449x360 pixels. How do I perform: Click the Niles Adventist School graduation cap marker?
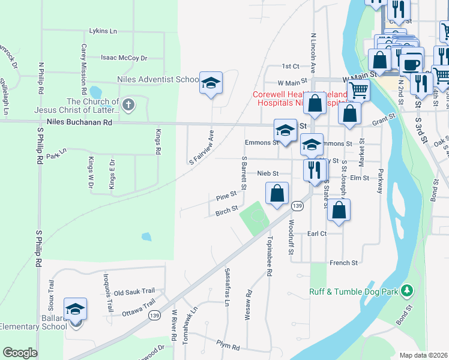pos(211,83)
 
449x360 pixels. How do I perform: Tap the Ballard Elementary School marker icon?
pos(76,310)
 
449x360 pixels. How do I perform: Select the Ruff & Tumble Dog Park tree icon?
pos(407,291)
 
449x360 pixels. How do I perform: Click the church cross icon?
pos(128,106)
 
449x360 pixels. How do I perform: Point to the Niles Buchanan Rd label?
pos(79,122)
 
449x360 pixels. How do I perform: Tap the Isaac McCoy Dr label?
pos(124,58)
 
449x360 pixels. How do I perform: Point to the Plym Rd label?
pos(229,347)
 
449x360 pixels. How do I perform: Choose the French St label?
pos(344,263)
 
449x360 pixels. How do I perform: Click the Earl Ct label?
pos(316,233)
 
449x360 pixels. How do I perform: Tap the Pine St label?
pos(226,197)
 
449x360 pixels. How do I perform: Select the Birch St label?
pos(226,213)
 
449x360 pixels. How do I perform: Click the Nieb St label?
pos(268,173)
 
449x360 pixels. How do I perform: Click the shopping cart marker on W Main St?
pos(358,91)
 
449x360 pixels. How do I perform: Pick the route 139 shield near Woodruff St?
pos(297,206)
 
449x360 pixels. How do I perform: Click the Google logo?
pos(20,353)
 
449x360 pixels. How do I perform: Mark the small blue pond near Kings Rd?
pos(146,236)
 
